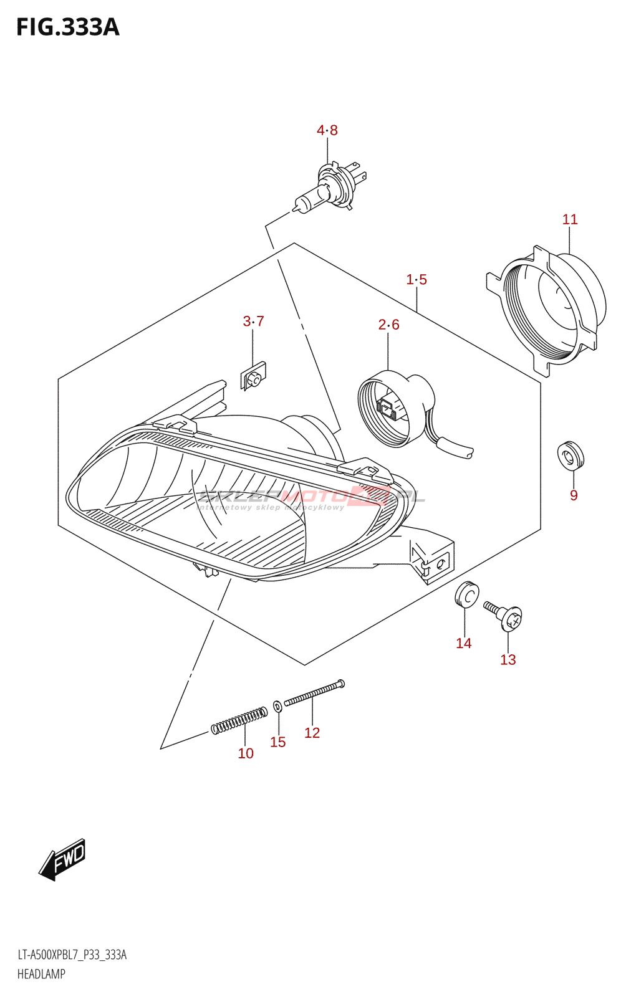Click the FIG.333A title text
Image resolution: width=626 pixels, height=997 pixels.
(x=67, y=27)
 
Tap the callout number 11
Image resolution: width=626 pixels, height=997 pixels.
(x=570, y=219)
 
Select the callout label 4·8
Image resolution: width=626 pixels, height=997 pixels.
(x=327, y=130)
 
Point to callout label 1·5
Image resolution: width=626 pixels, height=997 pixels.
(x=417, y=280)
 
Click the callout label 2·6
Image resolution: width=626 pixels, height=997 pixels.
(x=388, y=325)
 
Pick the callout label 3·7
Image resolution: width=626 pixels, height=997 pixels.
(x=253, y=322)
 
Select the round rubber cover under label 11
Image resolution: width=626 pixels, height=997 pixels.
(x=549, y=308)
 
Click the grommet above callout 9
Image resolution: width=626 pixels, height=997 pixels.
(x=571, y=456)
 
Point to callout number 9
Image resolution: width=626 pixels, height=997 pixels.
(x=574, y=495)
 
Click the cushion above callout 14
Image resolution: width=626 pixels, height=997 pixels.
(x=466, y=594)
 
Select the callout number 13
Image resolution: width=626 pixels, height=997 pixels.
(x=508, y=660)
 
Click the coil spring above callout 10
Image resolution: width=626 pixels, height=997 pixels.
(x=239, y=720)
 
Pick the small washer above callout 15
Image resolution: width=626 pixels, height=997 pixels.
(x=277, y=706)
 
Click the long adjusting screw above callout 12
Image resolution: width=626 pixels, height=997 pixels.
(x=314, y=693)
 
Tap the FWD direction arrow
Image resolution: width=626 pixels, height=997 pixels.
(x=62, y=860)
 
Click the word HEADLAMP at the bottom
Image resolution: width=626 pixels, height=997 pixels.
(x=41, y=974)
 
